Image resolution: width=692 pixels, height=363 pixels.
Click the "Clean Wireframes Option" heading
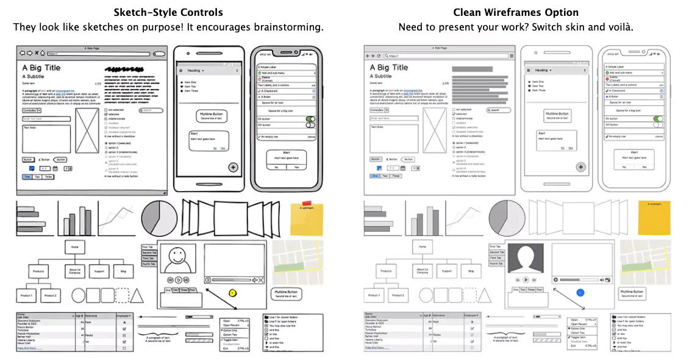pos(515,12)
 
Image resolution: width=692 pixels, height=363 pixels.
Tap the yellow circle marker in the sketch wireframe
pos(232,293)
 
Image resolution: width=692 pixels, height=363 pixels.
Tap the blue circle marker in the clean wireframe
pos(580,292)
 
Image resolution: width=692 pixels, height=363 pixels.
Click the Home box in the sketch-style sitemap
pos(74,247)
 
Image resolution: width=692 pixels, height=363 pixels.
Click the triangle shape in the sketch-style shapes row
pos(137,296)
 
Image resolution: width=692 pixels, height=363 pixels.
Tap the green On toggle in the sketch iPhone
pos(310,119)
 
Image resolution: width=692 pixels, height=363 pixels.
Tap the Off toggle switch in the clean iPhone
pos(658,124)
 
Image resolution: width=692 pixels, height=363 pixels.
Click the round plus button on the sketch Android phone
pos(233,167)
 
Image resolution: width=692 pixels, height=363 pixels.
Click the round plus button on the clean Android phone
pos(580,167)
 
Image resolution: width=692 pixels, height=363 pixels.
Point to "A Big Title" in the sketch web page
pos(41,68)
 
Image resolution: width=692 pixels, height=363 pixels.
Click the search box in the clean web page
pos(499,110)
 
